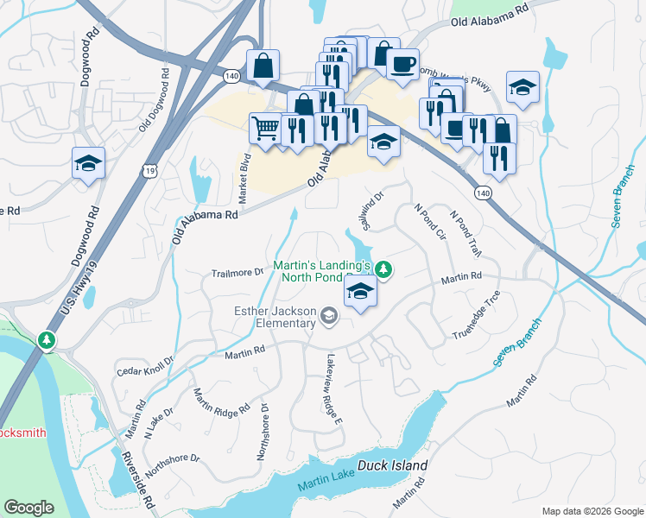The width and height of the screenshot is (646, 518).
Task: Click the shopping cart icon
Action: [266, 129]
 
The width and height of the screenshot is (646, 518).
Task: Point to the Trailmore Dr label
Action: [237, 273]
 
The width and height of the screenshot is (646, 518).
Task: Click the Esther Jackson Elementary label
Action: [274, 317]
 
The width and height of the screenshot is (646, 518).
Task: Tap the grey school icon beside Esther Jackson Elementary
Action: [328, 318]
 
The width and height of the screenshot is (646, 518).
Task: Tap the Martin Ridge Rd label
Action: [221, 400]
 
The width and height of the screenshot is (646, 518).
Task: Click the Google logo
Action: [28, 508]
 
